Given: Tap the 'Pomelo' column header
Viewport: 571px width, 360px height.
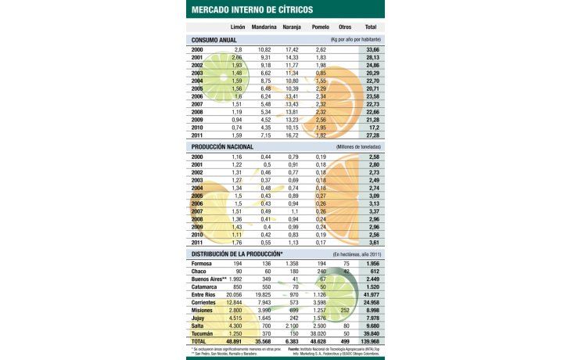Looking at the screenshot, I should pyautogui.click(x=320, y=27).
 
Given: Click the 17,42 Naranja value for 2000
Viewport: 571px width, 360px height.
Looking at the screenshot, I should pyautogui.click(x=291, y=49).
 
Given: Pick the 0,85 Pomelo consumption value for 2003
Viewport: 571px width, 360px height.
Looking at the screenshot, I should pyautogui.click(x=321, y=73).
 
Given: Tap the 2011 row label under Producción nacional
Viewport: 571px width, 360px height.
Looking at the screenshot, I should pyautogui.click(x=198, y=243).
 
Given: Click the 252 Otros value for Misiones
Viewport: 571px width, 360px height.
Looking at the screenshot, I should pyautogui.click(x=345, y=309).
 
